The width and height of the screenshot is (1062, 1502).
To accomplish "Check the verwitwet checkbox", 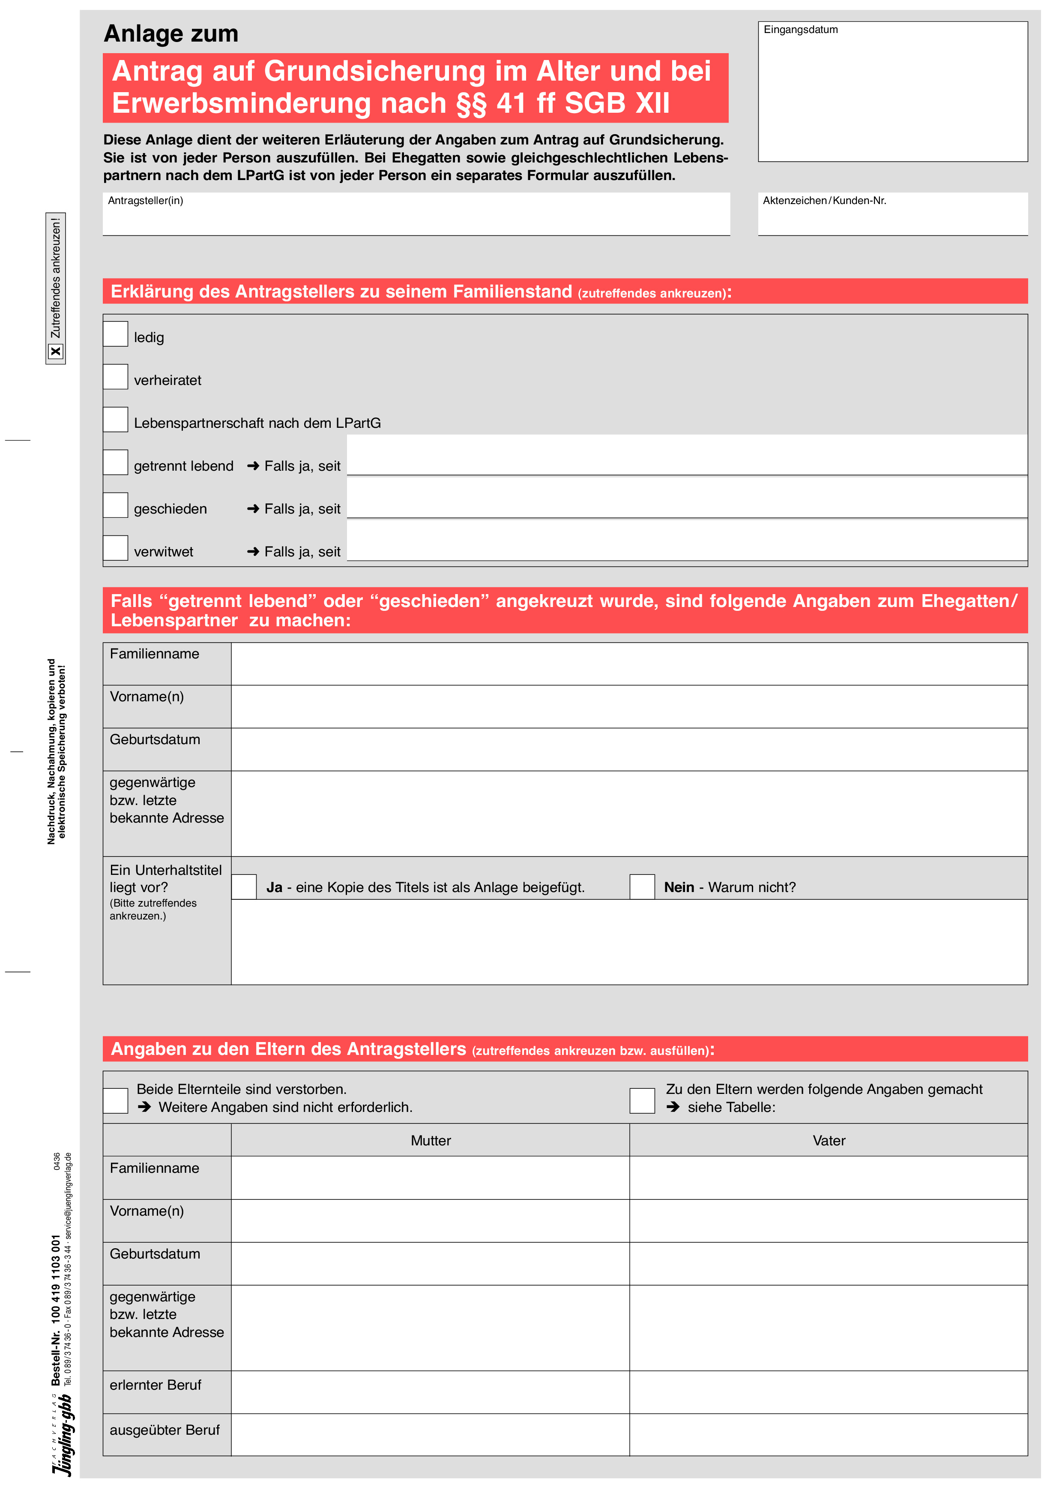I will (115, 548).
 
